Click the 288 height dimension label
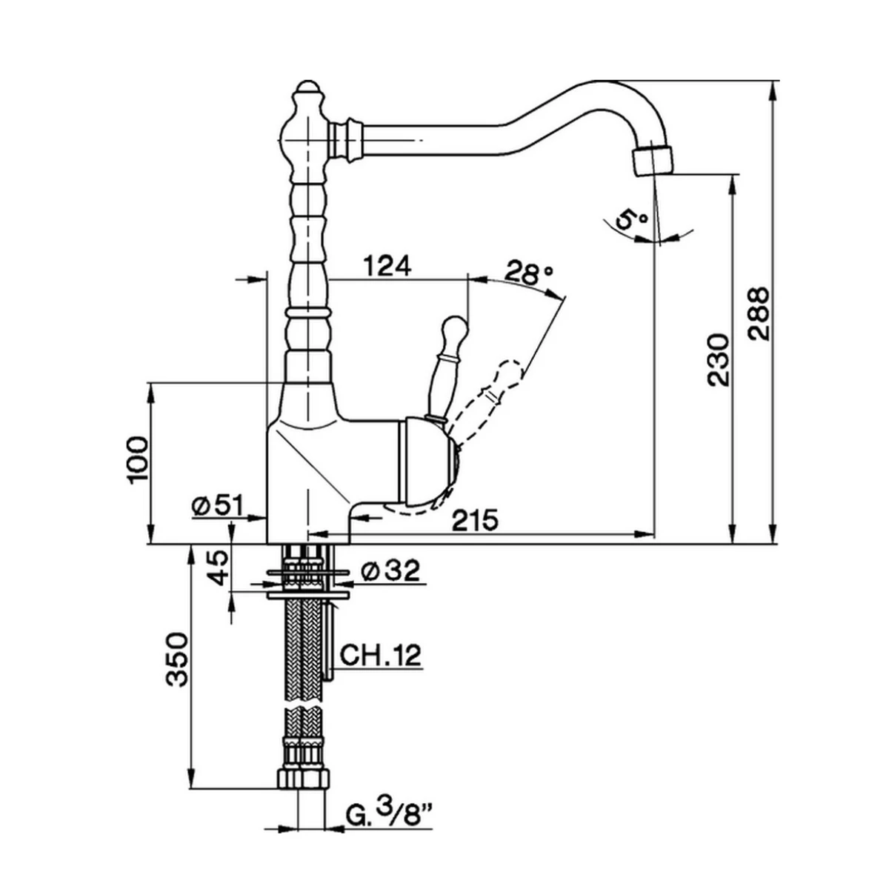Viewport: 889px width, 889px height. tap(759, 313)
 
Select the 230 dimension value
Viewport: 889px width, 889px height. tap(718, 360)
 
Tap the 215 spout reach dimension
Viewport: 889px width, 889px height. tap(474, 520)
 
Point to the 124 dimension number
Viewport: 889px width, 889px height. tap(387, 265)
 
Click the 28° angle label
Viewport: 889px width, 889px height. tap(529, 273)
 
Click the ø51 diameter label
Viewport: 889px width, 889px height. tap(217, 505)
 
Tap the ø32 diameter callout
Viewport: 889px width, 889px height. tap(390, 570)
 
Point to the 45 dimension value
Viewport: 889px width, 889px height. tap(219, 568)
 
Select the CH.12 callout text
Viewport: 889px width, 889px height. tap(380, 655)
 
